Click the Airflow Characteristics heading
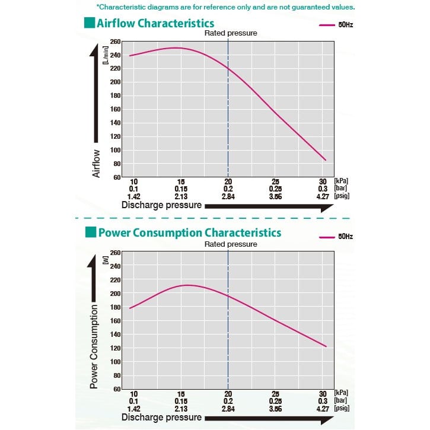pos(155,24)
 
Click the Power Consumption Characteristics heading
pos(189,232)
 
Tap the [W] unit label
pos(104,259)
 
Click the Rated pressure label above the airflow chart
pos(231,33)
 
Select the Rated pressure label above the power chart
pos(231,244)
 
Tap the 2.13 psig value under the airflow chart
pos(181,195)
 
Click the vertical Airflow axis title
pos(97,164)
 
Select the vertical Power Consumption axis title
pos(94,347)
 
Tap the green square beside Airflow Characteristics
pos(89,24)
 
